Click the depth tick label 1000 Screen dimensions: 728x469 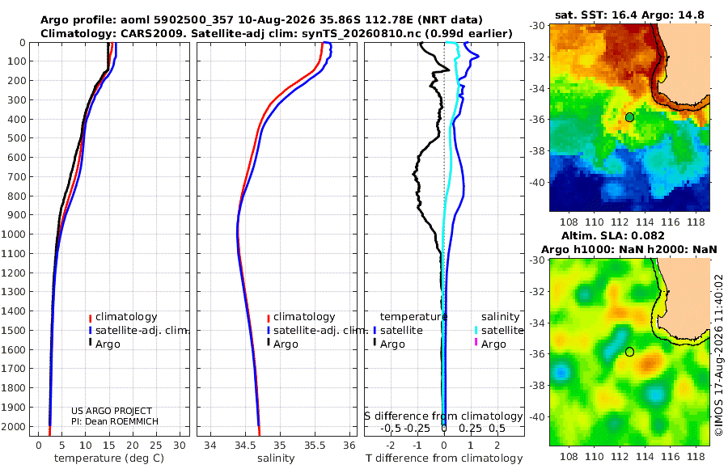pyautogui.click(x=17, y=234)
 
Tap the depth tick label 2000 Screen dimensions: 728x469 pyautogui.click(x=17, y=426)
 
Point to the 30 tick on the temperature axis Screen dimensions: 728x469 pyautogui.click(x=180, y=445)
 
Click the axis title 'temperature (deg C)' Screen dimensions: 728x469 pyautogui.click(x=109, y=458)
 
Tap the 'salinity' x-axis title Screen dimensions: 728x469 pyautogui.click(x=276, y=458)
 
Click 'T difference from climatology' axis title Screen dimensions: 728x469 pyautogui.click(x=444, y=458)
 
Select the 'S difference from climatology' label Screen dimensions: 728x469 pyautogui.click(x=443, y=416)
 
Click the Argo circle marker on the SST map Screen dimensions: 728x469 pyautogui.click(x=629, y=117)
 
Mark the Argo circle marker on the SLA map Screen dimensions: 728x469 pyautogui.click(x=629, y=352)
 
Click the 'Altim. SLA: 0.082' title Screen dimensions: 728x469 pyautogui.click(x=613, y=235)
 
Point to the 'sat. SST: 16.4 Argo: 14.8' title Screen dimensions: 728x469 pyautogui.click(x=629, y=15)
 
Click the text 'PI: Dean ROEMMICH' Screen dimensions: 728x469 pyautogui.click(x=115, y=421)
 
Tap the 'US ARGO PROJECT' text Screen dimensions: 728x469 pyautogui.click(x=112, y=411)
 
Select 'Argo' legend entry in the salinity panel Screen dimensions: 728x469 pyautogui.click(x=286, y=344)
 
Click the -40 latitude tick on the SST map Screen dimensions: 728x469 pyautogui.click(x=537, y=183)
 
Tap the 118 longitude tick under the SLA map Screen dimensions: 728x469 pyautogui.click(x=696, y=456)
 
